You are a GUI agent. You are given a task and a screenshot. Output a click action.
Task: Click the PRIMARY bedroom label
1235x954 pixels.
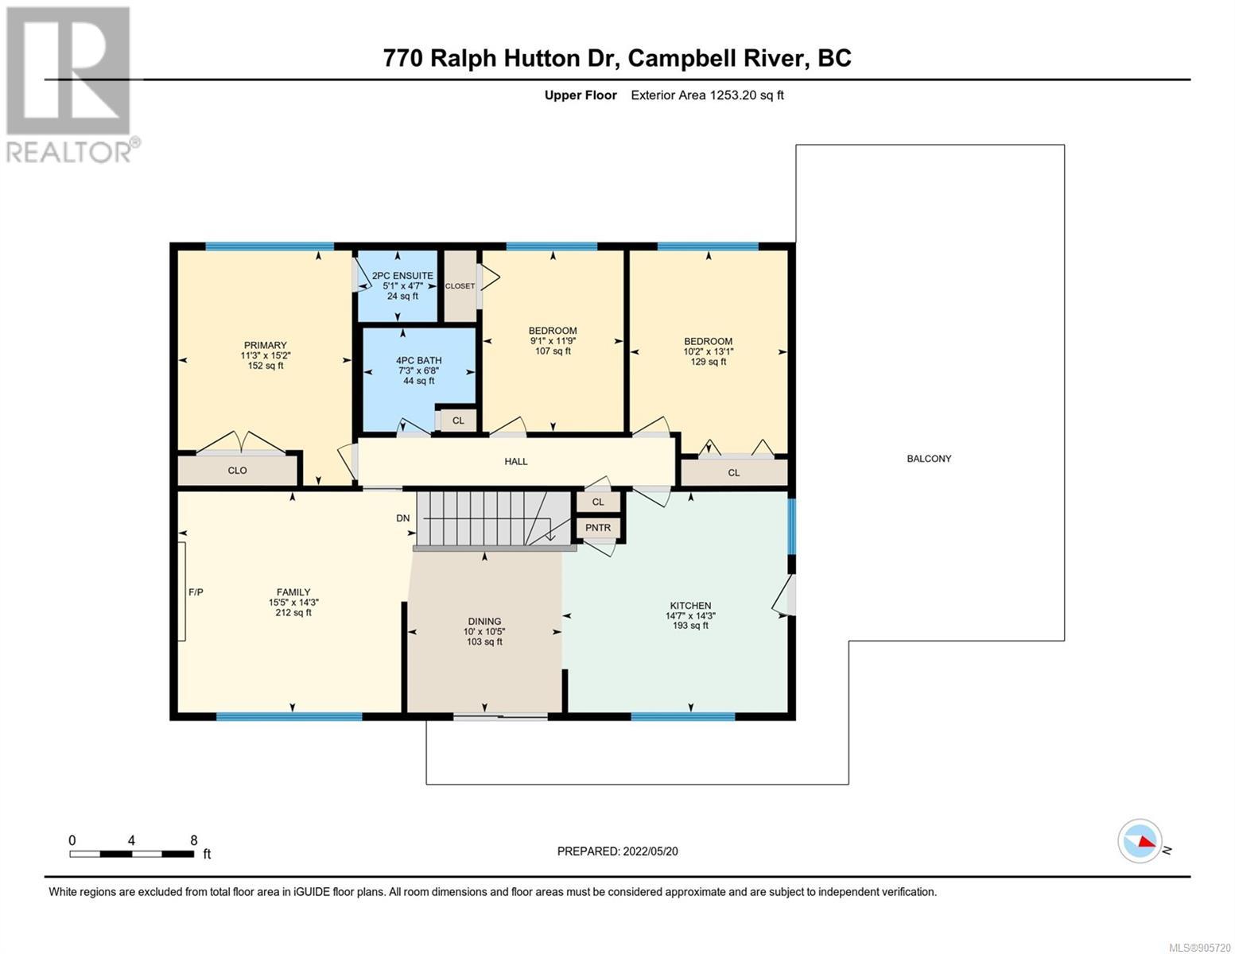(x=265, y=345)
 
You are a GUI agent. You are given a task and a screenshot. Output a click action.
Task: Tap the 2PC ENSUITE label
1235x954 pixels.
(x=402, y=276)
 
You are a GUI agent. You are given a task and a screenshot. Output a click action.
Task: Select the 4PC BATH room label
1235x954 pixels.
(x=419, y=360)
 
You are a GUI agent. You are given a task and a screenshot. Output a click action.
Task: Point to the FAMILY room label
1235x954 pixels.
(x=293, y=591)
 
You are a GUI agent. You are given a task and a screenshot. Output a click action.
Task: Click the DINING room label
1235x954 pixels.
(x=484, y=621)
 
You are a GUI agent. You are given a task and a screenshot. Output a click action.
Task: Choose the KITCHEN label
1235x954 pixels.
(x=690, y=605)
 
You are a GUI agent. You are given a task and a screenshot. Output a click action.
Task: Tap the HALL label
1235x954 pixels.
(x=515, y=461)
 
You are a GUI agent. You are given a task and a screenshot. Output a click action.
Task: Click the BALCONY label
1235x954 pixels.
(x=929, y=459)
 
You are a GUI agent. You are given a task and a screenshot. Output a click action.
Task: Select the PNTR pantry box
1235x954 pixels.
(x=598, y=528)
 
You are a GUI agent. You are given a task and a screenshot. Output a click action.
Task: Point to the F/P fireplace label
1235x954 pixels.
(x=196, y=592)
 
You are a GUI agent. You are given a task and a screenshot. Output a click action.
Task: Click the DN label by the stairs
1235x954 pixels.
(x=402, y=518)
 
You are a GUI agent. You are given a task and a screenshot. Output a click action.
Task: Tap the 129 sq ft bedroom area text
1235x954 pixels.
(x=708, y=362)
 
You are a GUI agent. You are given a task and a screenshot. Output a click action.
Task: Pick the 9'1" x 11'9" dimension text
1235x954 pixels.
(x=553, y=341)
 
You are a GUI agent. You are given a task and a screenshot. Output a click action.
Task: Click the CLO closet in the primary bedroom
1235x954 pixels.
(x=238, y=470)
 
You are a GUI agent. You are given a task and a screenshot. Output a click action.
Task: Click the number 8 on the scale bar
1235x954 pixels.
(x=194, y=840)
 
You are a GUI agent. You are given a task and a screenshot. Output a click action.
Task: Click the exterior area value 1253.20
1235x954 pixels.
(x=733, y=95)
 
